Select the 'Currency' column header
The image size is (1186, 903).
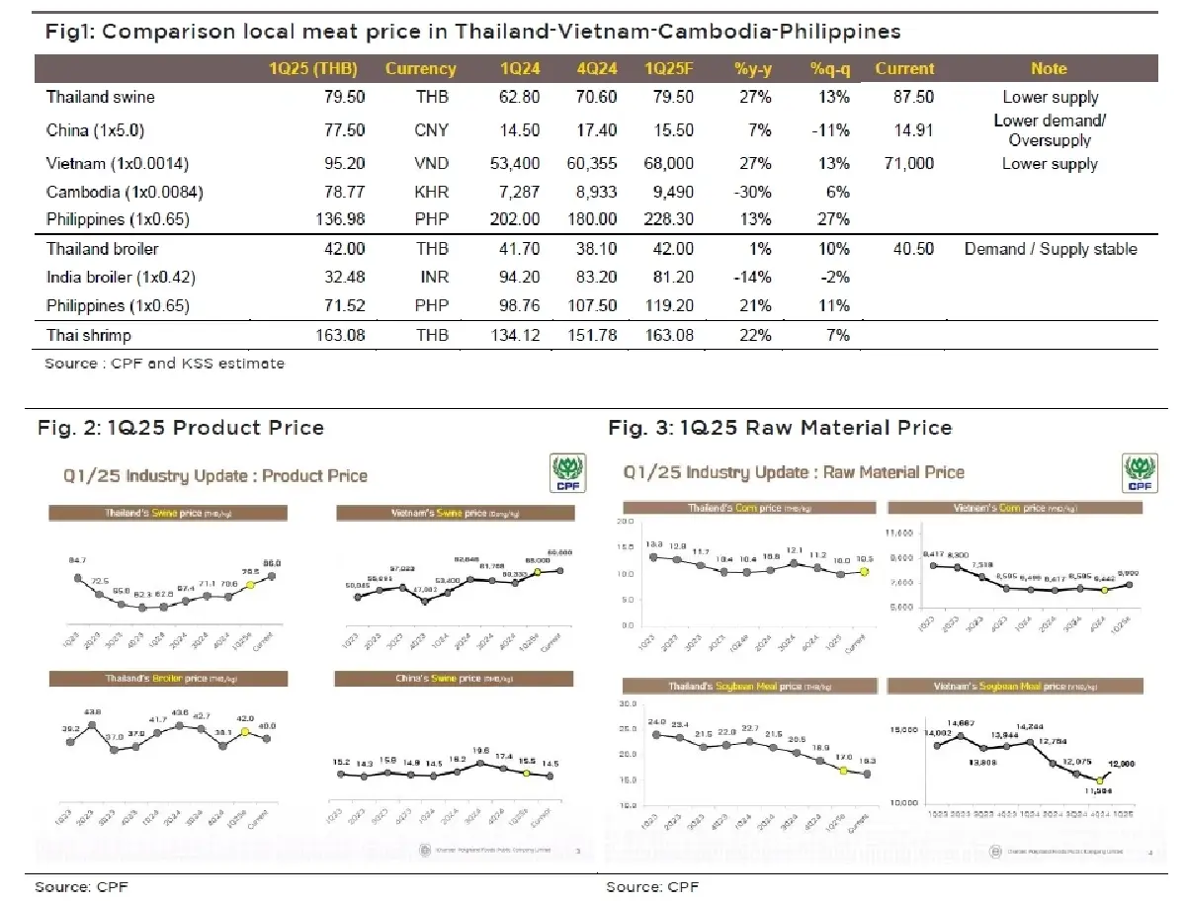point(420,68)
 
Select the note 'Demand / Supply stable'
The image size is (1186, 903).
point(1050,249)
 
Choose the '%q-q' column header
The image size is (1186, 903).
point(829,68)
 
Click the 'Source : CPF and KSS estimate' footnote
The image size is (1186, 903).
point(164,364)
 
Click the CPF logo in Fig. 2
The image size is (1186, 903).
point(566,473)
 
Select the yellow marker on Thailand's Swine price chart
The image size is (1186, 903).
point(250,585)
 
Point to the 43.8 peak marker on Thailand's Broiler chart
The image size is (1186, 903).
point(92,725)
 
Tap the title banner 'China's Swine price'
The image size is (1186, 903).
point(454,679)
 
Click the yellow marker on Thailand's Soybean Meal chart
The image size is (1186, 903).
point(843,771)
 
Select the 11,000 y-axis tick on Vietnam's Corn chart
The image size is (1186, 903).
point(903,533)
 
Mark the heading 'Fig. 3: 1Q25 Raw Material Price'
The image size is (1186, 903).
point(780,428)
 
